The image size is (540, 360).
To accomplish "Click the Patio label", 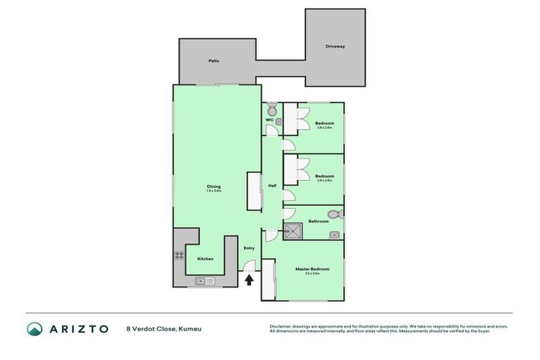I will [x=214, y=61].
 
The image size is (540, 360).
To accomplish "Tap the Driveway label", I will [x=335, y=46].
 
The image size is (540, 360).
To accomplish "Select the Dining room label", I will [x=214, y=186].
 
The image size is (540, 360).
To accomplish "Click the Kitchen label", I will [x=205, y=259].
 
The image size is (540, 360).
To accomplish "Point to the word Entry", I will [x=249, y=248].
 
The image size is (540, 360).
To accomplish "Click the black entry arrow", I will [x=249, y=280].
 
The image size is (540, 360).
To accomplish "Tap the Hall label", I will [x=272, y=186].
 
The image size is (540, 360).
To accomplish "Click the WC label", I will [x=269, y=120].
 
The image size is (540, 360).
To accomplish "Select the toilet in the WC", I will [x=272, y=109].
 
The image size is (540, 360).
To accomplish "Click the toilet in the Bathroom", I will [x=334, y=214].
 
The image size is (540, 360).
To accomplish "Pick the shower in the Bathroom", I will [x=293, y=231].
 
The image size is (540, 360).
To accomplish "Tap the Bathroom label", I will [x=319, y=221].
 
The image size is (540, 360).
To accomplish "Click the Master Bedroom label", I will [x=313, y=269].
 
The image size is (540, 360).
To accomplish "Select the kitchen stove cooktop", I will [x=179, y=255].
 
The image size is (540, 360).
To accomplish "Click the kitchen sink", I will [x=205, y=281].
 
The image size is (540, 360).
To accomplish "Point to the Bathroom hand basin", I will [x=335, y=235].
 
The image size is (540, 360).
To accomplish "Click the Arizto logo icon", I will [x=34, y=328].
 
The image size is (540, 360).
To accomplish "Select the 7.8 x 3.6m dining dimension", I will [x=214, y=191].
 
